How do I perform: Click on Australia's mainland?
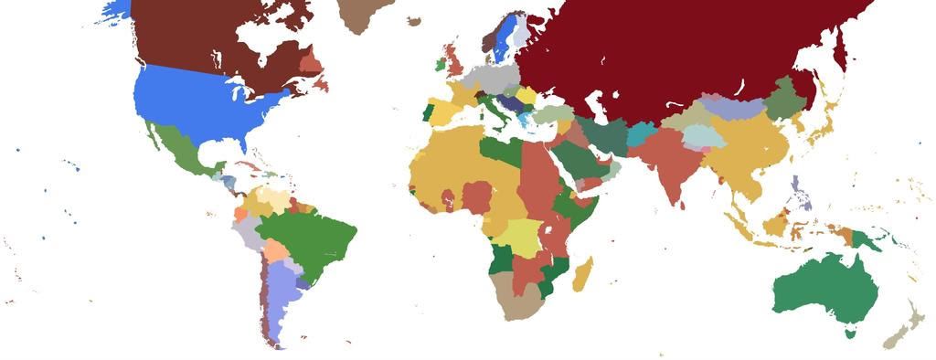[823, 292]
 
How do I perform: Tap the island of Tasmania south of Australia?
[851, 334]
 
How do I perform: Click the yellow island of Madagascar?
[582, 273]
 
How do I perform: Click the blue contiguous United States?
[201, 105]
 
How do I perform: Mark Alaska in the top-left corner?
[114, 9]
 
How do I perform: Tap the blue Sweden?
[501, 41]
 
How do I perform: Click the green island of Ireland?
[440, 65]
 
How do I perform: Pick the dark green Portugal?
[426, 113]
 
